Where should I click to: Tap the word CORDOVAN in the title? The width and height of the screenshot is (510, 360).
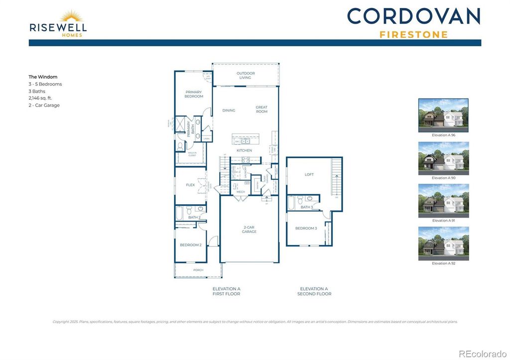click(x=413, y=16)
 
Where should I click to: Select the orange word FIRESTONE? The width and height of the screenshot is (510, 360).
click(x=413, y=35)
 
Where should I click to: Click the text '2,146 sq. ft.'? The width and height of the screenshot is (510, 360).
click(x=40, y=98)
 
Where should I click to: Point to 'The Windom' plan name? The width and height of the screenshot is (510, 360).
click(x=43, y=77)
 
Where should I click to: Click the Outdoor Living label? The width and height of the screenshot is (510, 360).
click(x=245, y=76)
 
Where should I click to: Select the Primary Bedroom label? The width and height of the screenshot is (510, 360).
click(x=194, y=94)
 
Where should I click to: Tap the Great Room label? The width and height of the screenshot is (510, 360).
click(x=261, y=109)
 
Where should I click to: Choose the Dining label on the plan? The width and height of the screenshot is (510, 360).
click(x=229, y=111)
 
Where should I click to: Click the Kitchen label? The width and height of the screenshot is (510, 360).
click(x=244, y=150)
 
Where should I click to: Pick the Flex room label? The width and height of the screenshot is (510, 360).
click(x=190, y=185)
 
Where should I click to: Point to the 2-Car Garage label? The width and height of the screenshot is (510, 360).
click(x=249, y=230)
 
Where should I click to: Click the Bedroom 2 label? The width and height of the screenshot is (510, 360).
click(x=190, y=245)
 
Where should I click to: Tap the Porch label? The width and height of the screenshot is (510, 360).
click(x=198, y=271)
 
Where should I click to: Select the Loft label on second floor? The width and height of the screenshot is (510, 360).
click(x=309, y=175)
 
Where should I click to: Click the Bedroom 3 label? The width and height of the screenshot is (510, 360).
click(x=306, y=228)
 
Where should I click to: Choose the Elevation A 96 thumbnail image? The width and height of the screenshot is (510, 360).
click(x=443, y=115)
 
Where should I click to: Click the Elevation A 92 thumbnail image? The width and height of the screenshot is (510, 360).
click(x=443, y=243)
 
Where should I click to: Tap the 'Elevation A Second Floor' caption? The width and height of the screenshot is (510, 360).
click(x=314, y=291)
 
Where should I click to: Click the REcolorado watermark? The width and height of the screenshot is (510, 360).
click(x=482, y=354)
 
